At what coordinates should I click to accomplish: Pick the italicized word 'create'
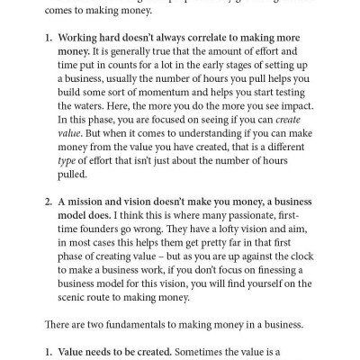275,121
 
